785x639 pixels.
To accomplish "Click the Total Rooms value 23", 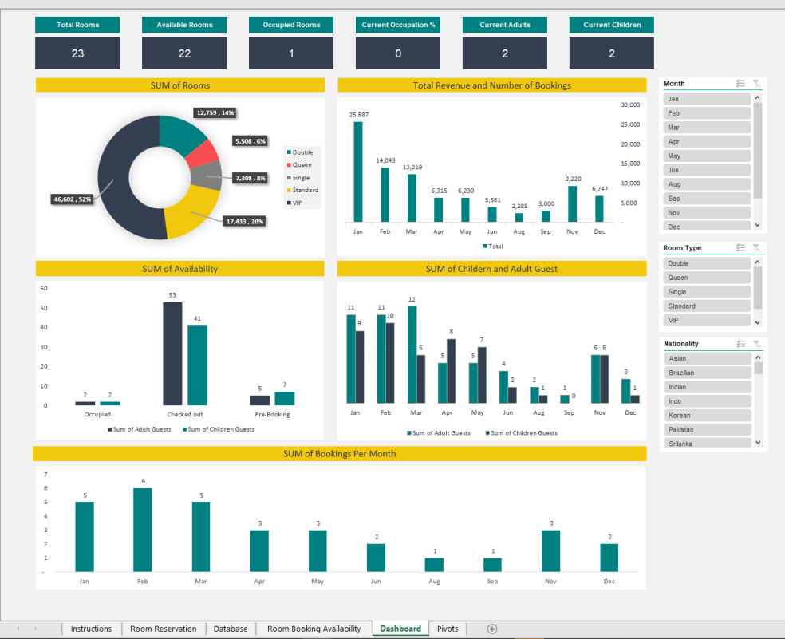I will pyautogui.click(x=77, y=53).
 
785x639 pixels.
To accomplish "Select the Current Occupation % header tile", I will pyautogui.click(x=398, y=25).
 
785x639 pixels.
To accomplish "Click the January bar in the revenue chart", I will pyautogui.click(x=358, y=171).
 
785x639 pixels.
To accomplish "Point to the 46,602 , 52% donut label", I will pyautogui.click(x=71, y=199).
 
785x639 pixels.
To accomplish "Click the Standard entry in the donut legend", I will pyautogui.click(x=304, y=190).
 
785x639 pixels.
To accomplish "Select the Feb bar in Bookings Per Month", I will pyautogui.click(x=143, y=530).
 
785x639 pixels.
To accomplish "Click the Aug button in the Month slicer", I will pyautogui.click(x=707, y=184).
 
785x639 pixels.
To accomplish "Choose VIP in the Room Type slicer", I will pyautogui.click(x=707, y=320).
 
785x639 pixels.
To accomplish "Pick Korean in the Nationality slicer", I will pyautogui.click(x=707, y=416).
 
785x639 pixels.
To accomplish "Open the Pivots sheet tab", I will pyautogui.click(x=448, y=629).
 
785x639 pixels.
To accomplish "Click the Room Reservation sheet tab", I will pyautogui.click(x=163, y=629).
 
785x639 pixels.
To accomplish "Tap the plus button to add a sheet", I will pyautogui.click(x=492, y=629).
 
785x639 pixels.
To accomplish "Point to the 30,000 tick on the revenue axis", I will pyautogui.click(x=630, y=105).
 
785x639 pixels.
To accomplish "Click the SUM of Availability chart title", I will pyautogui.click(x=179, y=269).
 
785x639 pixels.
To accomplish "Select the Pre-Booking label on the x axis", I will pyautogui.click(x=272, y=415).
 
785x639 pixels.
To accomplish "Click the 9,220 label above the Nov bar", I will pyautogui.click(x=573, y=179).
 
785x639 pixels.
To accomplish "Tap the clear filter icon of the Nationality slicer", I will pyautogui.click(x=756, y=344).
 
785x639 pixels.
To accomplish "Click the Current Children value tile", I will pyautogui.click(x=612, y=53).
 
